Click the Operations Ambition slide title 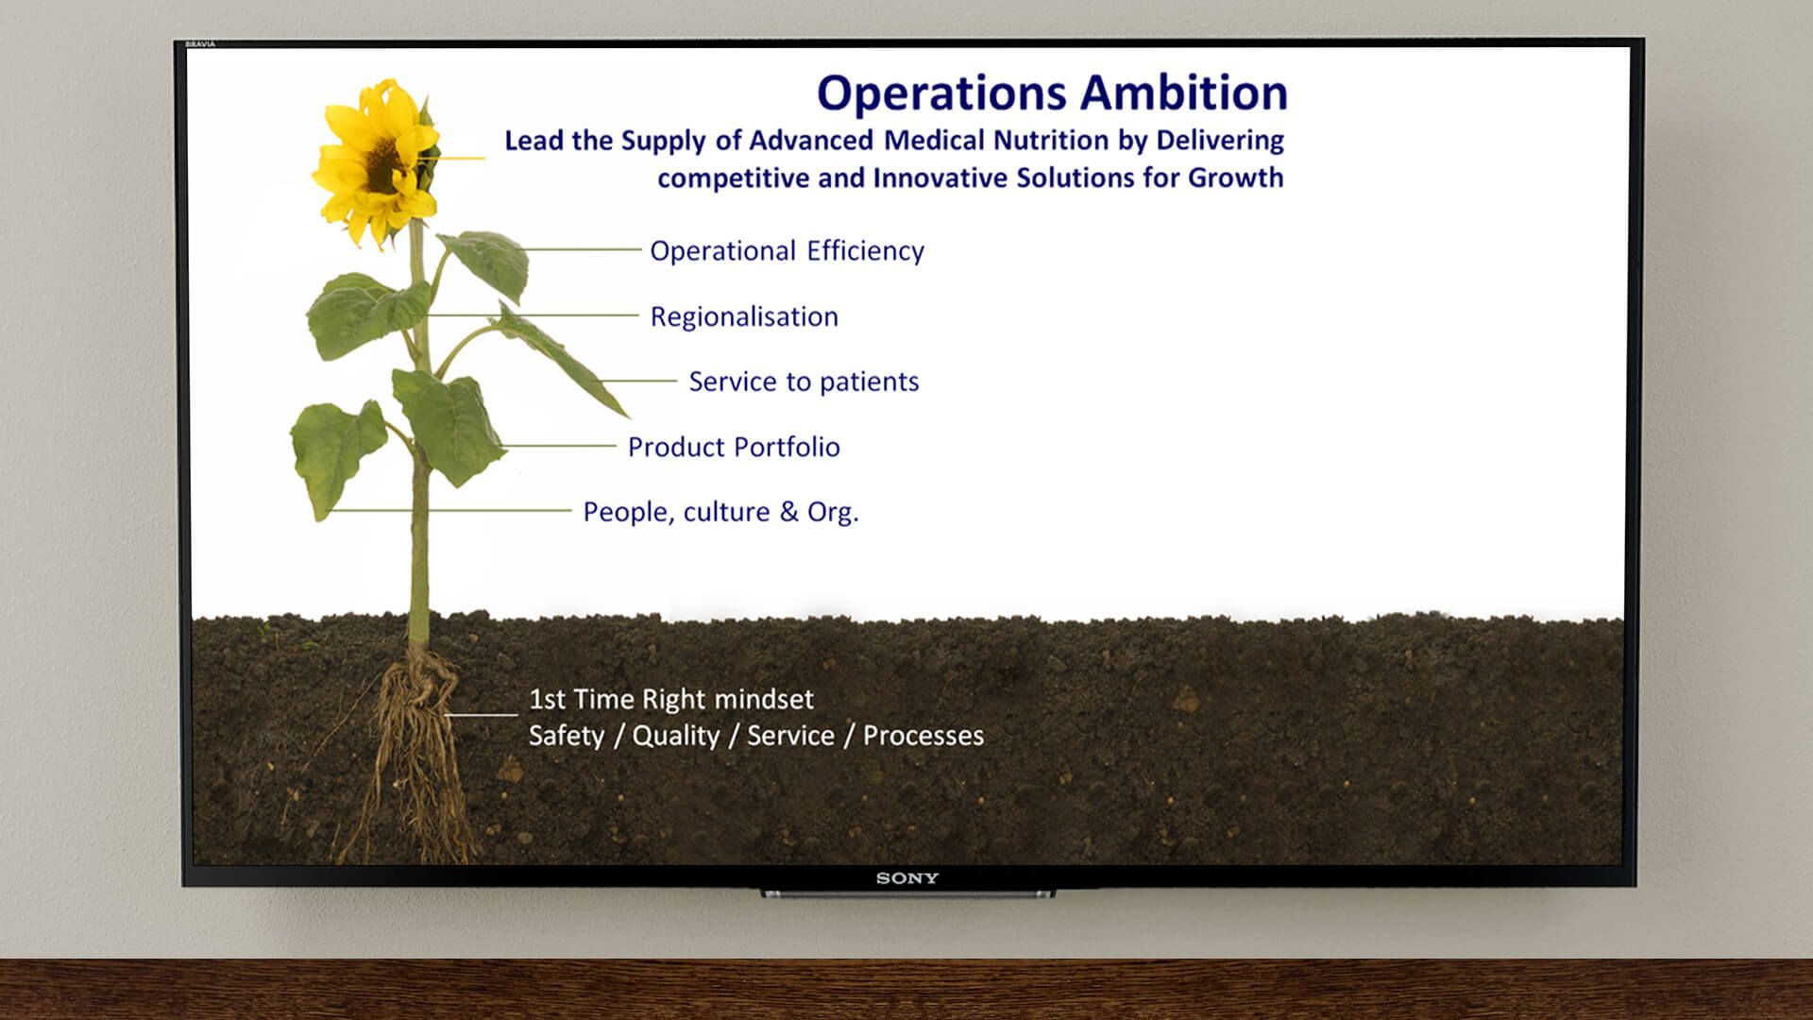click(1052, 93)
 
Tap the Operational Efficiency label click(787, 251)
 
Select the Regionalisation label click(744, 316)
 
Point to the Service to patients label click(804, 382)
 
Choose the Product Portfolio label click(734, 447)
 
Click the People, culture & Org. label click(720, 512)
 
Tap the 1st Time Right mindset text click(670, 699)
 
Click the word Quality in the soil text click(675, 736)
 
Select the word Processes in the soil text click(923, 736)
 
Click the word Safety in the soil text click(567, 736)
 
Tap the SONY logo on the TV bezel click(907, 878)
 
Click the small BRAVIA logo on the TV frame click(200, 44)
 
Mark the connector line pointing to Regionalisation click(534, 314)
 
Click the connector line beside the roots click(482, 715)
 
